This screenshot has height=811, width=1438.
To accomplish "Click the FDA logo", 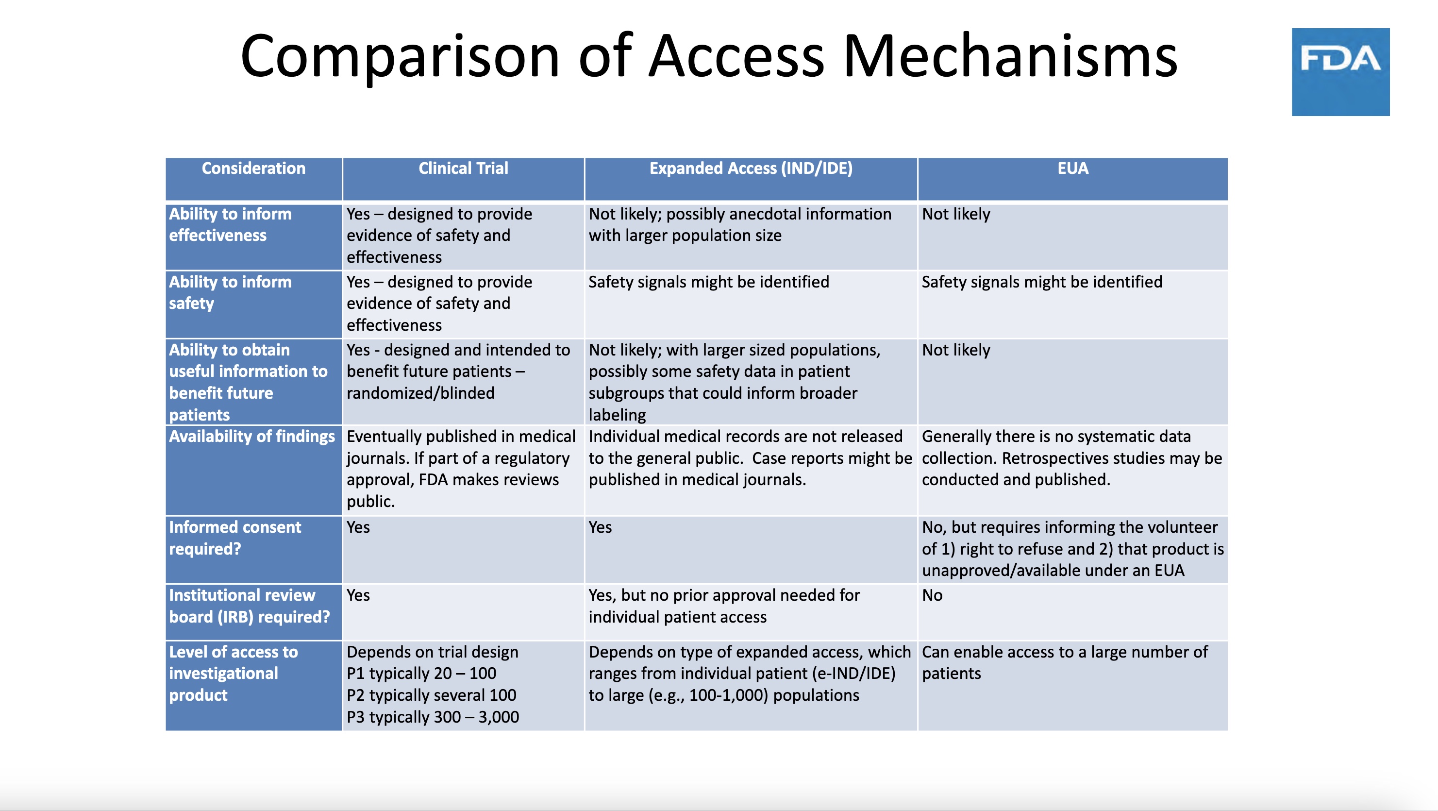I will coord(1340,71).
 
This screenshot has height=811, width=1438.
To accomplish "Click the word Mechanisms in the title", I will coord(1010,56).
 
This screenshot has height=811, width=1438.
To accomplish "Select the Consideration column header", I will coord(253,168).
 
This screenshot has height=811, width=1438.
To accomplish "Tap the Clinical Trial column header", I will coord(463,168).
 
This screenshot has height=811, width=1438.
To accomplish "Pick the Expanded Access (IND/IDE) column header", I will coord(751,168).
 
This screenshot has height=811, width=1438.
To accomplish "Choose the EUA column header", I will coord(1072,168).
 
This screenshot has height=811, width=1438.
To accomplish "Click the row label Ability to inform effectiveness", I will coord(230,224).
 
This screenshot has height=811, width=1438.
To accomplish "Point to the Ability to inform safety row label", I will coord(230,292).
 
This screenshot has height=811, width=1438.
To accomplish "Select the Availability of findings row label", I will coord(252,436).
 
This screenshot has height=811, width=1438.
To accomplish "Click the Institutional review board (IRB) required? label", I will coord(249,606).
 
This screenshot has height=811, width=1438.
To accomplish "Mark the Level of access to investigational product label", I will coord(234,673).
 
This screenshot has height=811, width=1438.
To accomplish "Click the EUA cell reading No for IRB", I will coord(932,595).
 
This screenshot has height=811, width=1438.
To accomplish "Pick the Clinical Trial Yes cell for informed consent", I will coord(358,527).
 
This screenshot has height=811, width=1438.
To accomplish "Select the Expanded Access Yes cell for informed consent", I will coord(600,527).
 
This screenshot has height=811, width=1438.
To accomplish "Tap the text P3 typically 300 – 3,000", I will coord(433,717).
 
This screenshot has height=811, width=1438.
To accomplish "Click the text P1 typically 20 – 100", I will coord(421,673).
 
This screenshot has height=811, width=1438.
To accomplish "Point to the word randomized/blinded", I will coord(420,393).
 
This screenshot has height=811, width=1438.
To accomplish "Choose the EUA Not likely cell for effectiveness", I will coord(956,214).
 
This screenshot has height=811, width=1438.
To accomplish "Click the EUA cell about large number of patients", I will coord(1064,662).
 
